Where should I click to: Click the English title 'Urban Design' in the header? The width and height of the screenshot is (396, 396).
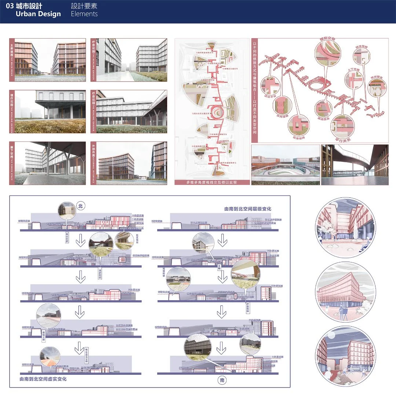tap(38, 14)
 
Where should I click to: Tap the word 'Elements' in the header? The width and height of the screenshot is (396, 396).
tap(84, 14)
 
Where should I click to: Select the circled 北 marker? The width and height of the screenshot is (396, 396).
tap(81, 206)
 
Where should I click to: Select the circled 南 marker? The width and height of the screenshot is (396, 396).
tap(222, 381)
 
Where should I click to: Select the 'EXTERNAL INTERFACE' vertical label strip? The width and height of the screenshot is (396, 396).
tap(93, 163)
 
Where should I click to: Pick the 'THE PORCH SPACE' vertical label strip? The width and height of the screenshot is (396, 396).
tap(12, 163)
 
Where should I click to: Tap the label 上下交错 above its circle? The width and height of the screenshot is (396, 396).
tap(353, 69)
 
